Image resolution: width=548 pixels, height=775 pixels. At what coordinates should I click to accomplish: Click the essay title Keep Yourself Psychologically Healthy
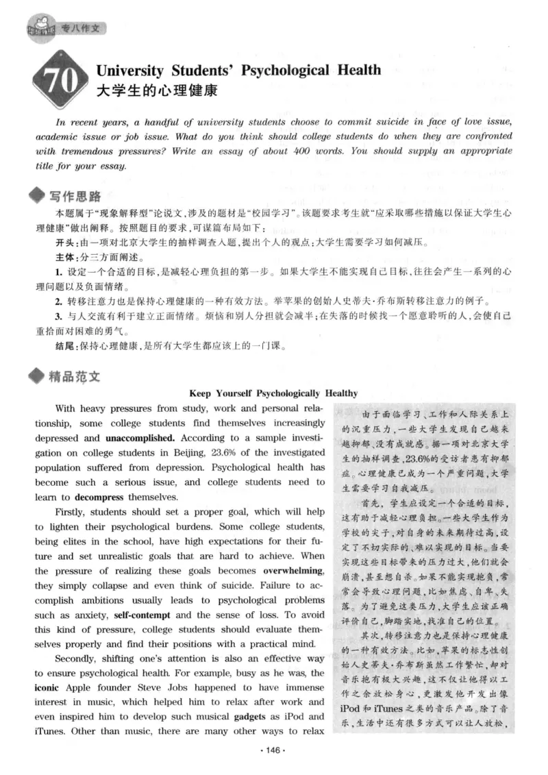click(273, 393)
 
